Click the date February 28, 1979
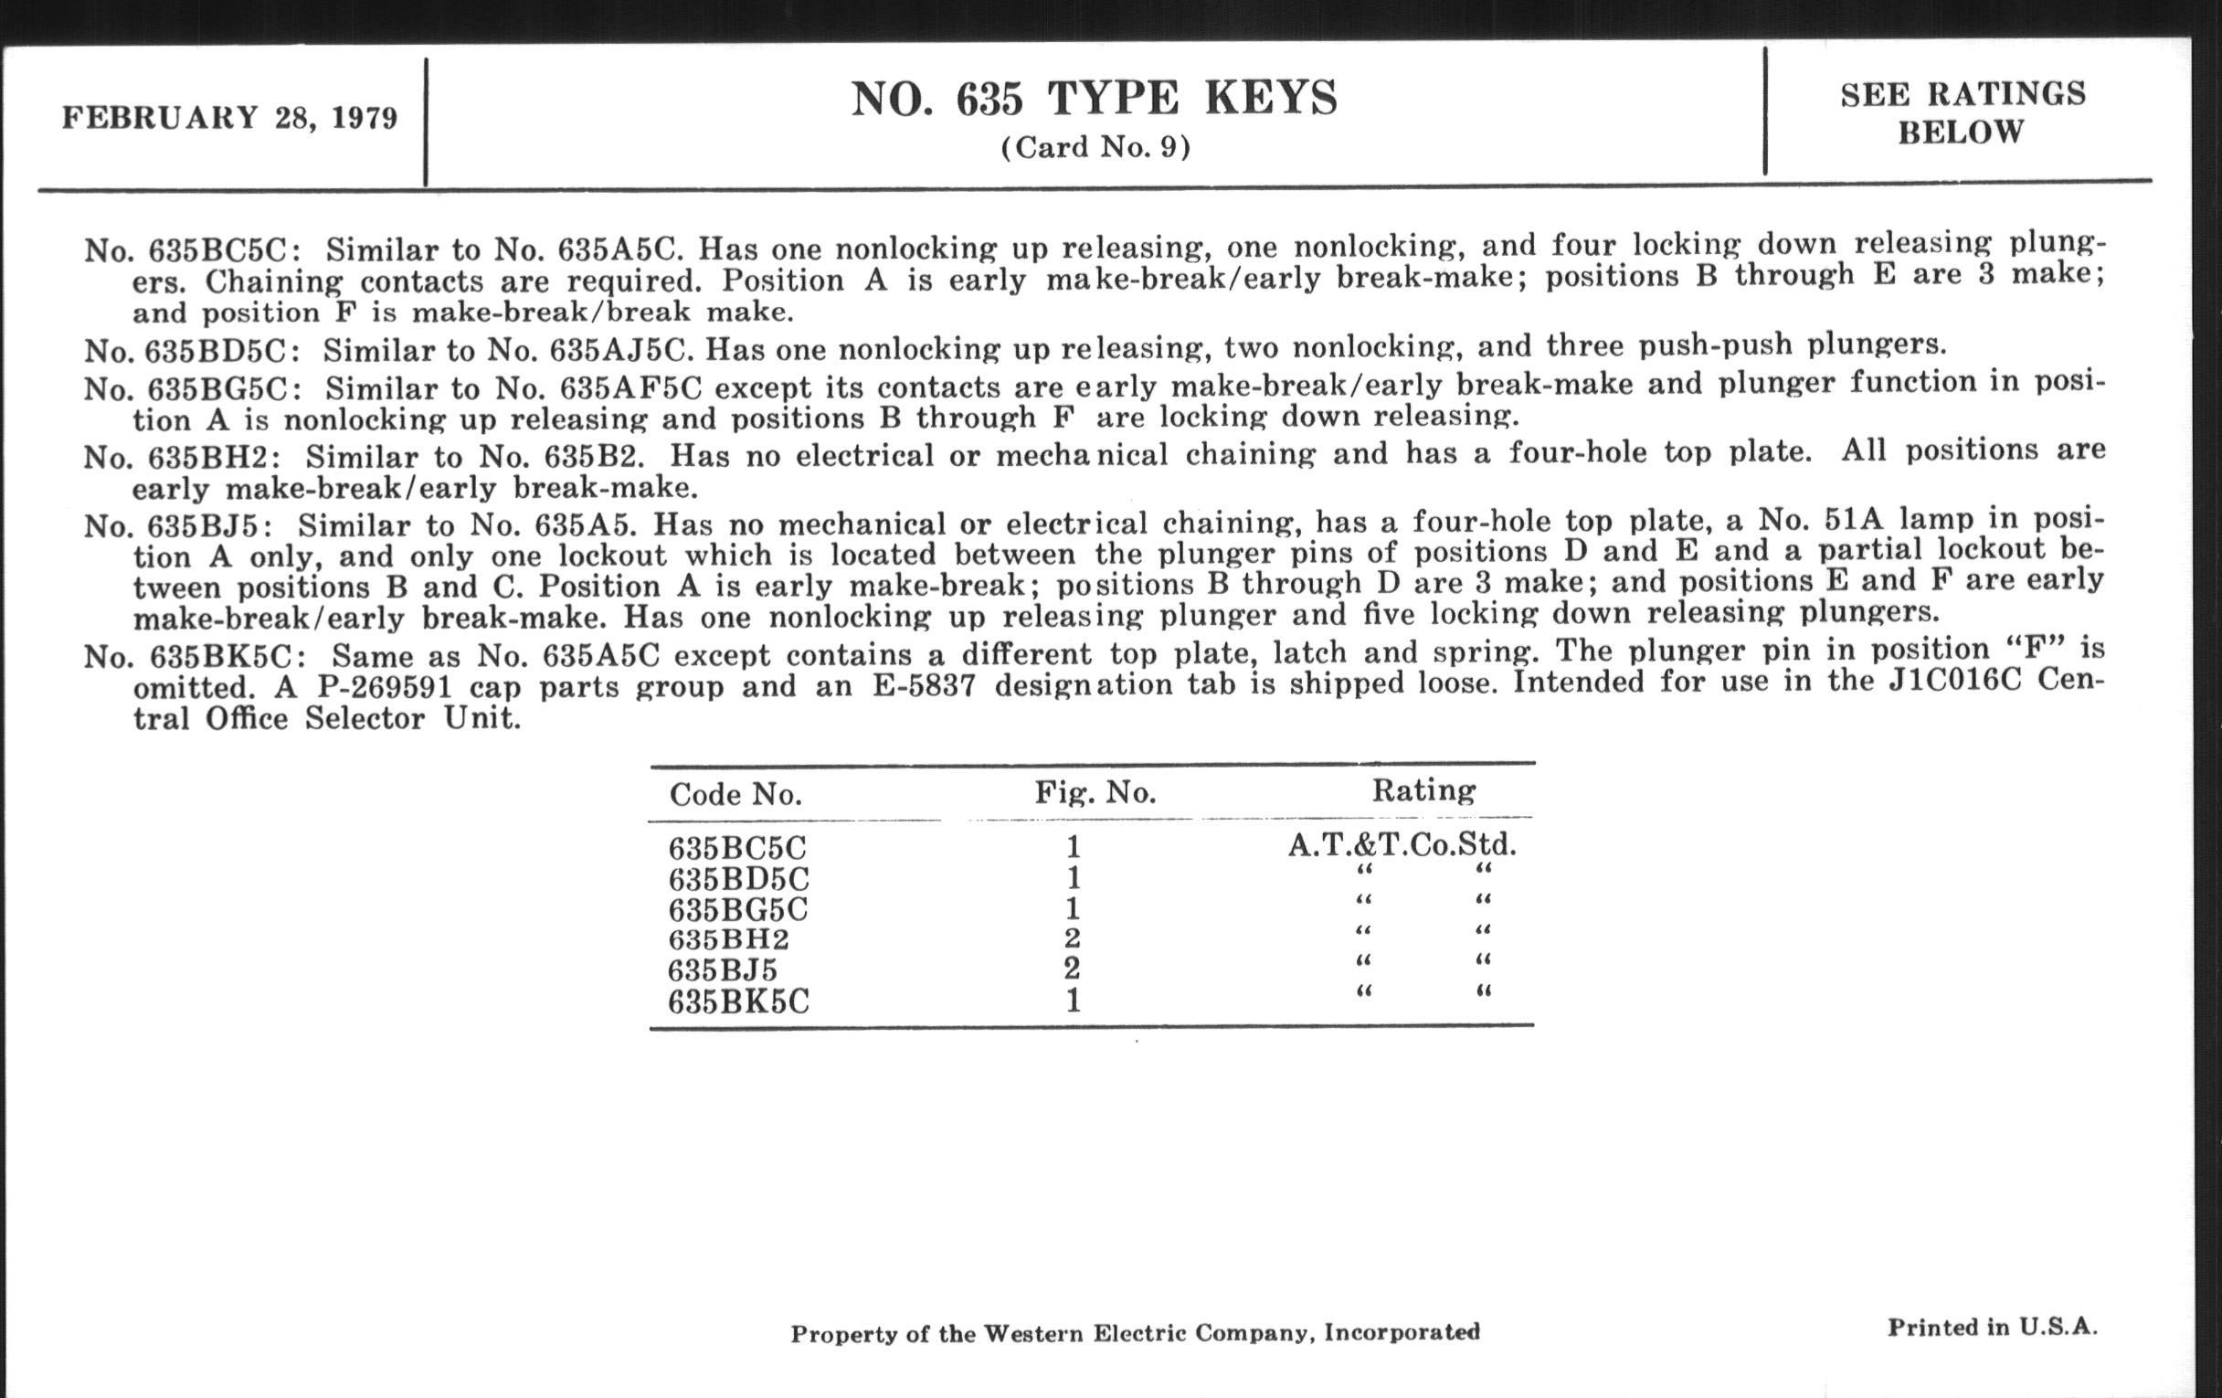pos(229,118)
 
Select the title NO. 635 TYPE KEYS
pos(1094,98)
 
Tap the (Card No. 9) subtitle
pos(1095,148)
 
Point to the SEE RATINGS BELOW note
pos(1962,112)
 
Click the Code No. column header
pos(735,795)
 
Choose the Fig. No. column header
pos(1095,791)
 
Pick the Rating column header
pos(1423,789)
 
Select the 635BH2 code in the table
pos(728,939)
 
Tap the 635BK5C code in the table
pos(738,1001)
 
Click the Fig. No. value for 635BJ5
pos(1072,969)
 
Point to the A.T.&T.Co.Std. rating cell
pos(1402,844)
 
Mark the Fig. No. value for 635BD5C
pos(1073,877)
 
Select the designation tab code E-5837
pos(923,685)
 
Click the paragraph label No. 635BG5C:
pos(189,388)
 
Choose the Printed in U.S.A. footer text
pos(1992,1328)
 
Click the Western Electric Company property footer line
pos(1135,1332)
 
